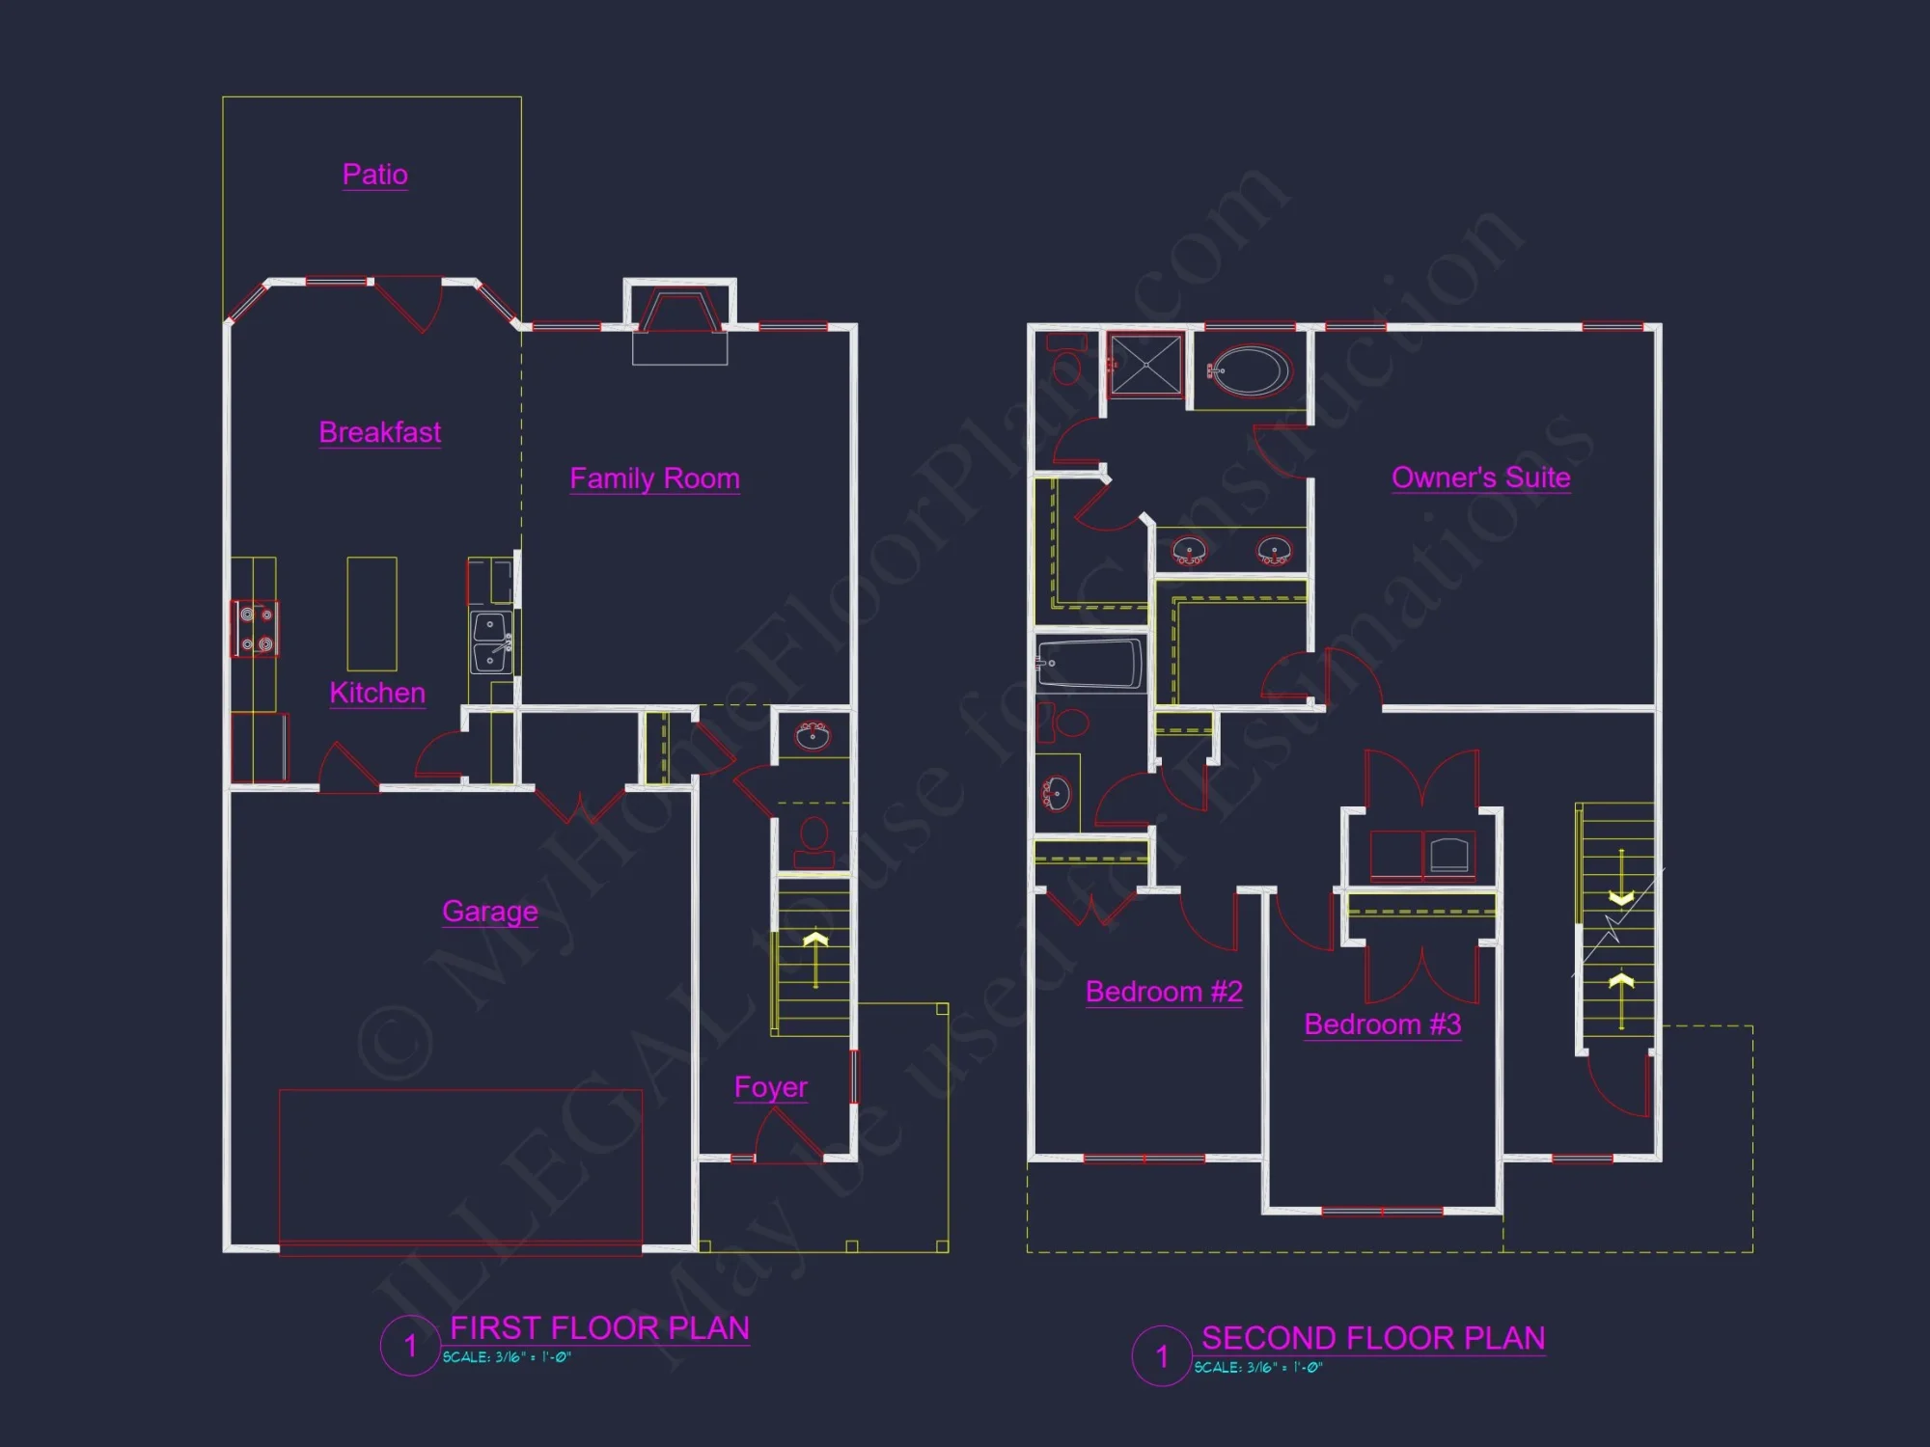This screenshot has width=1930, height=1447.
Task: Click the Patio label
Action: [374, 175]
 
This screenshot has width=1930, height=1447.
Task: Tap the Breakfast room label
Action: [380, 432]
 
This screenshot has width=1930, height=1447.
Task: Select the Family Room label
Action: [654, 478]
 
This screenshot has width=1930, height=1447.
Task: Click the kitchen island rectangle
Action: [372, 614]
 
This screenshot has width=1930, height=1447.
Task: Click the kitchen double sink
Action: [491, 642]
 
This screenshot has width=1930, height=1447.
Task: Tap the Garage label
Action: [489, 912]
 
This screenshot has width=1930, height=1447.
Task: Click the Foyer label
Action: [770, 1087]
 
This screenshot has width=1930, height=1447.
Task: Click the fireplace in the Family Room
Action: [679, 314]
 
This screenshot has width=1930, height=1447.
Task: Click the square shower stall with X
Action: [1146, 365]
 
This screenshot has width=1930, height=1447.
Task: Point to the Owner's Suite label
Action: [1480, 478]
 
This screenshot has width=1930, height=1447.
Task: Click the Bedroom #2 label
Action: [1164, 992]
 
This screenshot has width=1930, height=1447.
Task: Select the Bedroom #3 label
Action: [1382, 1024]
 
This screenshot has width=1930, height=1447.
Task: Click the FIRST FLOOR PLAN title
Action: [599, 1328]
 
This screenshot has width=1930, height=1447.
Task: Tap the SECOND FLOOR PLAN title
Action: [1372, 1339]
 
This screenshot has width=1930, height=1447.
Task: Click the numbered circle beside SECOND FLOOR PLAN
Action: [1162, 1356]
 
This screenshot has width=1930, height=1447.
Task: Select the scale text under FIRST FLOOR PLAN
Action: [507, 1357]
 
